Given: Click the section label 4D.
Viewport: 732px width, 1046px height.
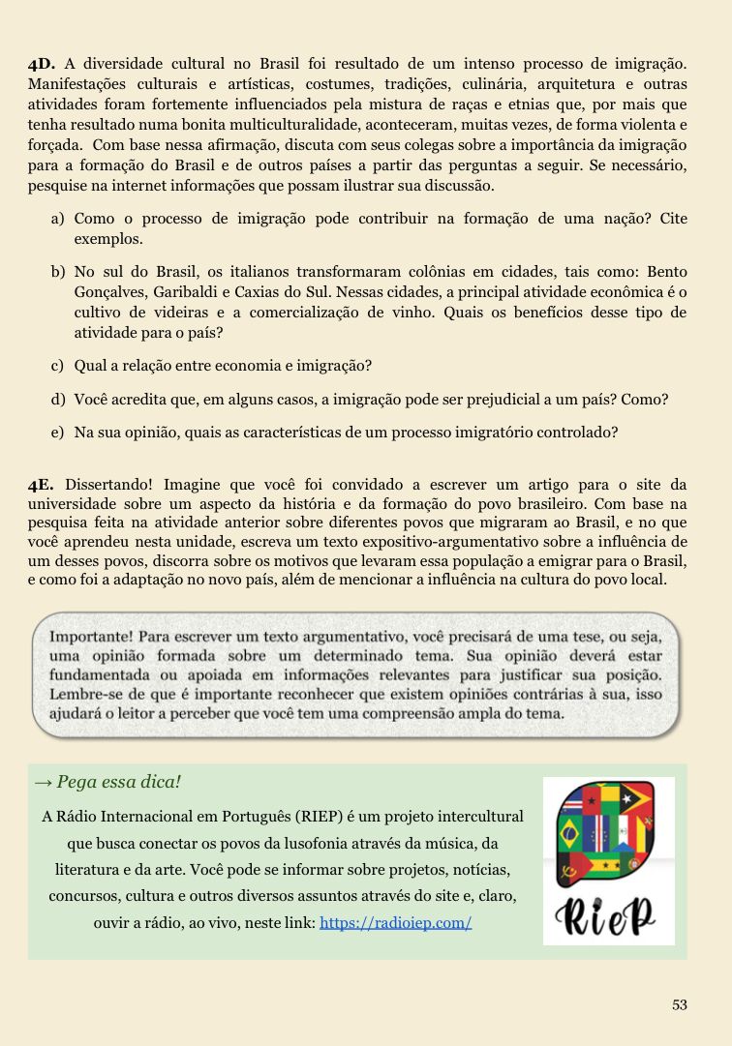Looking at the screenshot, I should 43,65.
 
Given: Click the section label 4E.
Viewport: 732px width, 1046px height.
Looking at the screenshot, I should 43,484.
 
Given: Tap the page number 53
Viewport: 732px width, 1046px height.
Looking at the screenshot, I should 680,1004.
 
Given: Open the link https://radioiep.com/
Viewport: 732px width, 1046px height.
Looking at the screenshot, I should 395,922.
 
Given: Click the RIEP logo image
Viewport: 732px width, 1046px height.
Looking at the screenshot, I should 608,860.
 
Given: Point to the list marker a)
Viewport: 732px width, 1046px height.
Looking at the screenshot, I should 58,219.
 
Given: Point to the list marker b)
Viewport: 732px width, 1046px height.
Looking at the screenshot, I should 58,272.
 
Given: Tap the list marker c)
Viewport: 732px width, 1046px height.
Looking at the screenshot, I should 58,366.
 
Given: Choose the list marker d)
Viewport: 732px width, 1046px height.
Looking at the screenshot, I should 58,399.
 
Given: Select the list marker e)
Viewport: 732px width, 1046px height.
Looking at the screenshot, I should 58,432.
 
